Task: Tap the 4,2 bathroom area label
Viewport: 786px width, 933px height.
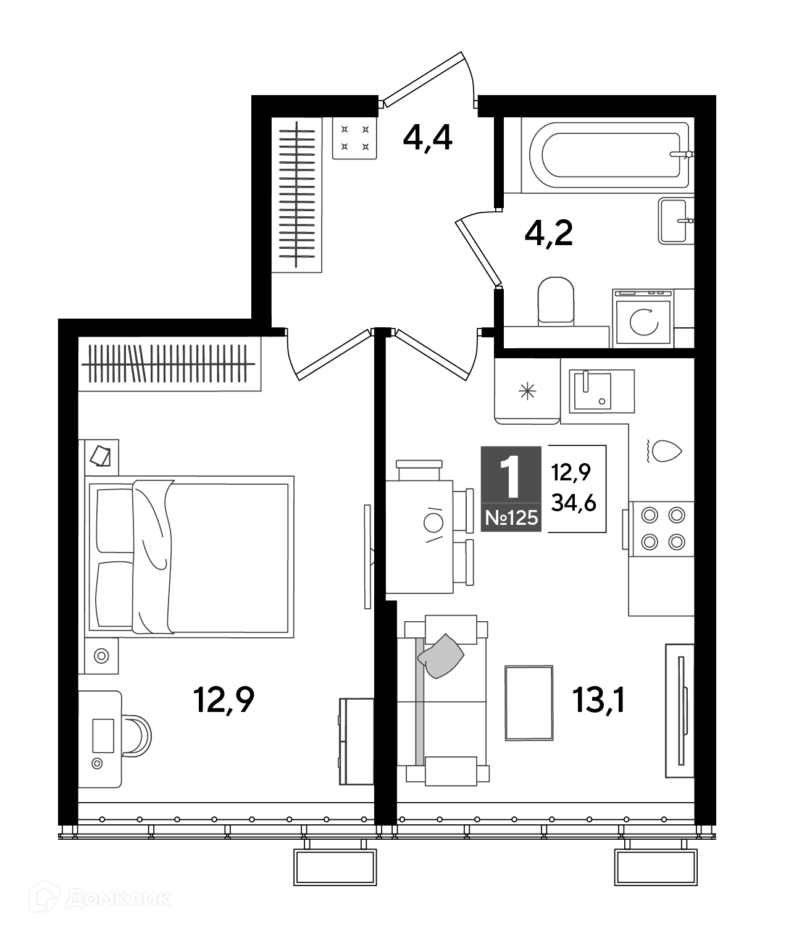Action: [x=548, y=233]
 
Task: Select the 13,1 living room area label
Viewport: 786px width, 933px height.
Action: [x=599, y=701]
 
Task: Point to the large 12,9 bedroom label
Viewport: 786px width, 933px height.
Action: [x=224, y=701]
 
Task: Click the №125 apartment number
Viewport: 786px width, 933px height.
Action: [x=511, y=518]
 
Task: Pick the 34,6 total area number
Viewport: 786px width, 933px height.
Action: [x=574, y=504]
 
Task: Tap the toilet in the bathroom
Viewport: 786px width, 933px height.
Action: [x=556, y=300]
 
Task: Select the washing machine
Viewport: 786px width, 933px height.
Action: [x=643, y=318]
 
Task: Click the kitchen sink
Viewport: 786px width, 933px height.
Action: [x=601, y=391]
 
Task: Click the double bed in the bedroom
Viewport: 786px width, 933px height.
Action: [x=190, y=556]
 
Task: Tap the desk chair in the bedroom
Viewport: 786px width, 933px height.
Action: [x=137, y=736]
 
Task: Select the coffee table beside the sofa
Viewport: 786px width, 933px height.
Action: [x=529, y=703]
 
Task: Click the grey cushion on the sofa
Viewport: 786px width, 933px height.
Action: [x=441, y=656]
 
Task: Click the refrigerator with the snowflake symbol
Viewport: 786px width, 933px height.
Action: [x=527, y=391]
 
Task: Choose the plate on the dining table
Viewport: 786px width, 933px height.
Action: [x=433, y=523]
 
